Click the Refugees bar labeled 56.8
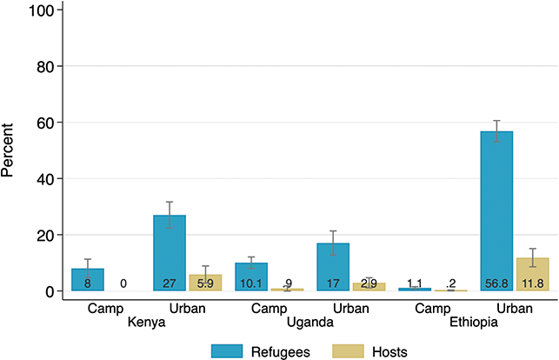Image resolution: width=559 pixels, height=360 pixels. [x=496, y=211]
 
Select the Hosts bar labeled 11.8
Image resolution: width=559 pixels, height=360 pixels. [x=533, y=275]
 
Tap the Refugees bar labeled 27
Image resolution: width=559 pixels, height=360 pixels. [x=170, y=253]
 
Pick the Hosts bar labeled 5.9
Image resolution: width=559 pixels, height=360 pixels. [x=205, y=283]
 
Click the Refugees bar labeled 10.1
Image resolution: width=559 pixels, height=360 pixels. [x=251, y=277]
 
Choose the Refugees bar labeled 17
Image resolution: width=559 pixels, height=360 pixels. [x=333, y=267]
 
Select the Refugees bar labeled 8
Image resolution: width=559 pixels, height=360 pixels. [x=88, y=280]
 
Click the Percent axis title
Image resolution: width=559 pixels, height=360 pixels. [x=7, y=150]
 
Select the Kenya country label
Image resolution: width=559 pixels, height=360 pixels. [x=147, y=323]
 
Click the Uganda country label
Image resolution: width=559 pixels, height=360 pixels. [x=310, y=323]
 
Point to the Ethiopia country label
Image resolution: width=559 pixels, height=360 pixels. [x=474, y=323]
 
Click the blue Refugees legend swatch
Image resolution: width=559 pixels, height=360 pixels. [x=227, y=351]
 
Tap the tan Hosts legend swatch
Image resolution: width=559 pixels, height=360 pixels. [x=348, y=351]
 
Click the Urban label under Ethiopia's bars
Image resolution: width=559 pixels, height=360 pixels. [x=515, y=309]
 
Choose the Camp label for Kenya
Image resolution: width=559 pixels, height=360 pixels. [x=105, y=309]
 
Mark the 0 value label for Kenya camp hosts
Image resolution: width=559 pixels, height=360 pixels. [x=123, y=283]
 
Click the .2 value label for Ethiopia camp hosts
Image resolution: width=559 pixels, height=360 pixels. [x=450, y=283]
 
